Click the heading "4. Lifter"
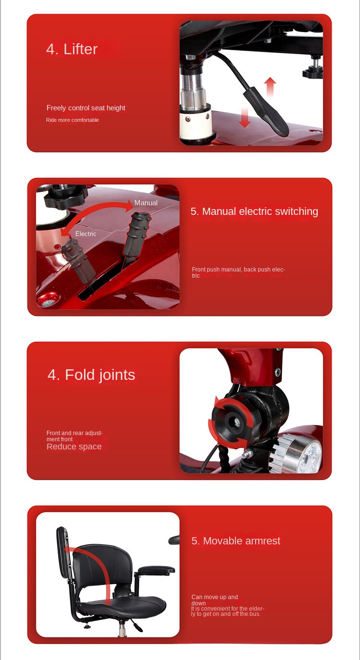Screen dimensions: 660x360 point(72,49)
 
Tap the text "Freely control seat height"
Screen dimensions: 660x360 point(86,108)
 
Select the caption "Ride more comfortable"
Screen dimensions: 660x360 point(72,120)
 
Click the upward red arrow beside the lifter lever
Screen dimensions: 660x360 point(270,86)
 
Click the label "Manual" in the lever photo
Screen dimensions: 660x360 point(146,203)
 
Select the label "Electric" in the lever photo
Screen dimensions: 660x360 point(85,234)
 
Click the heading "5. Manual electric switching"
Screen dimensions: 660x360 point(254,212)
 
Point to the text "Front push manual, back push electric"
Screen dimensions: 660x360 point(239,272)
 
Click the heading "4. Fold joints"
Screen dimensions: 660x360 point(91,375)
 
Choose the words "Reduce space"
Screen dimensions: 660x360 point(74,447)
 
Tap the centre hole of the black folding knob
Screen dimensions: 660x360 point(235,422)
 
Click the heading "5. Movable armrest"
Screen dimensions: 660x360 point(236,541)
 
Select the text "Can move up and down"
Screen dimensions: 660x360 point(215,600)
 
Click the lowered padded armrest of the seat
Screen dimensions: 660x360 point(156,570)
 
